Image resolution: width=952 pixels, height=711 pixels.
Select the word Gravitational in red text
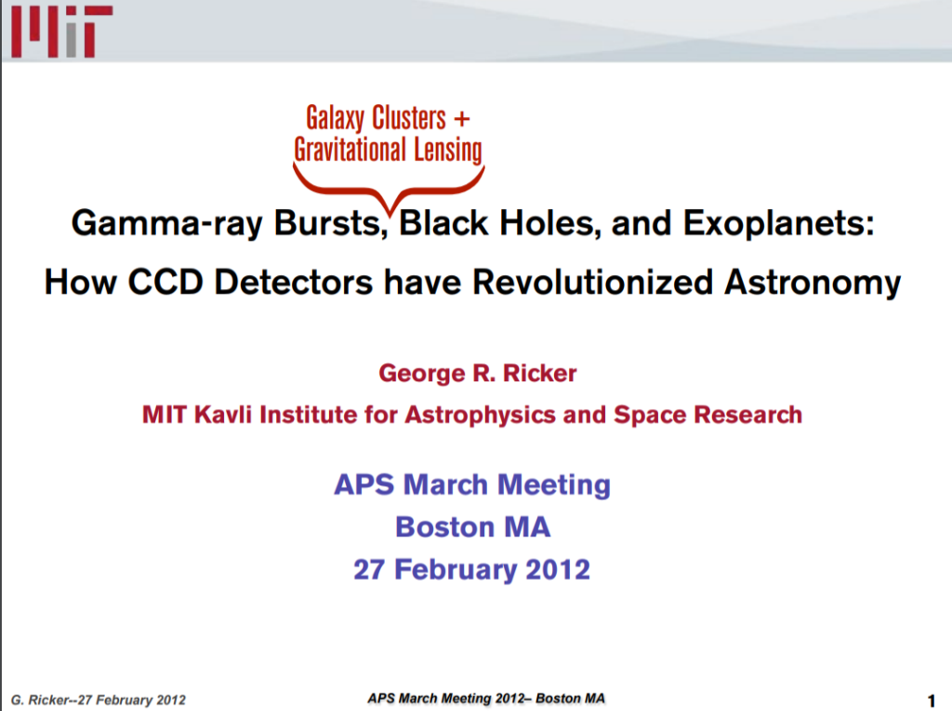point(350,149)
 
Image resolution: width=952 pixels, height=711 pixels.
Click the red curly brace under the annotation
point(389,182)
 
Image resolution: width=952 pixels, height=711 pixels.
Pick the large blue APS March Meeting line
point(472,484)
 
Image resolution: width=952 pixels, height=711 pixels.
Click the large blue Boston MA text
point(472,527)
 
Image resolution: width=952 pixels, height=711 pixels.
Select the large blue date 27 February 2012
point(472,569)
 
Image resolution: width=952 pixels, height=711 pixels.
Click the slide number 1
point(931,698)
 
